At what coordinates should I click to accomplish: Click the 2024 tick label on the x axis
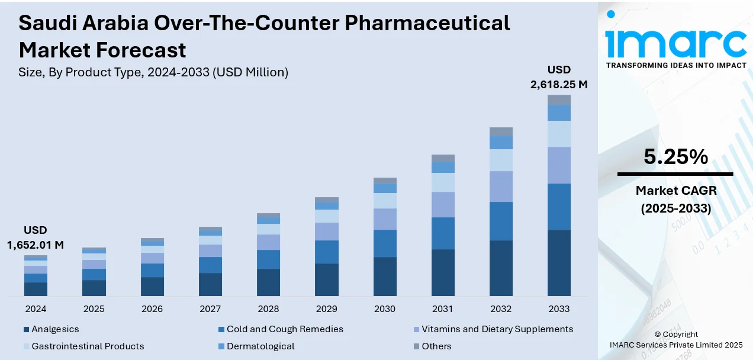[36, 309]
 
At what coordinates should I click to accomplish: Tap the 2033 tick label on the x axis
[559, 309]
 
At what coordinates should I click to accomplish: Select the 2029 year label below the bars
[326, 309]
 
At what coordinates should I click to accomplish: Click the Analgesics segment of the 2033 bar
[559, 263]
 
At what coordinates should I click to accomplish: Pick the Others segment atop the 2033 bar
[559, 100]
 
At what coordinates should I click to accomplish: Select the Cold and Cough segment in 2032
[501, 221]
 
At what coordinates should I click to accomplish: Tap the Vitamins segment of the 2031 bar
[443, 204]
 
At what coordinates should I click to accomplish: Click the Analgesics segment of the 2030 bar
[385, 277]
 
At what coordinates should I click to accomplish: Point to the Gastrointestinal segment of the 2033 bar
[559, 134]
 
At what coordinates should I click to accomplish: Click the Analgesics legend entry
[54, 329]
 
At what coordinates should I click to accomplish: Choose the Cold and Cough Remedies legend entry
[284, 329]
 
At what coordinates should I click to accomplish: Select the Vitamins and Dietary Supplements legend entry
[497, 329]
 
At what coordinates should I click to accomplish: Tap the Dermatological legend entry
[260, 346]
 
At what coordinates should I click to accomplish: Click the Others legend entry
[436, 346]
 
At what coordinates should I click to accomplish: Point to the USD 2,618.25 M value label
[559, 77]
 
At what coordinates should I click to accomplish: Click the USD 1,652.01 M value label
[36, 237]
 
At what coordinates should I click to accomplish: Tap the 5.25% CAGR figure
[675, 157]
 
